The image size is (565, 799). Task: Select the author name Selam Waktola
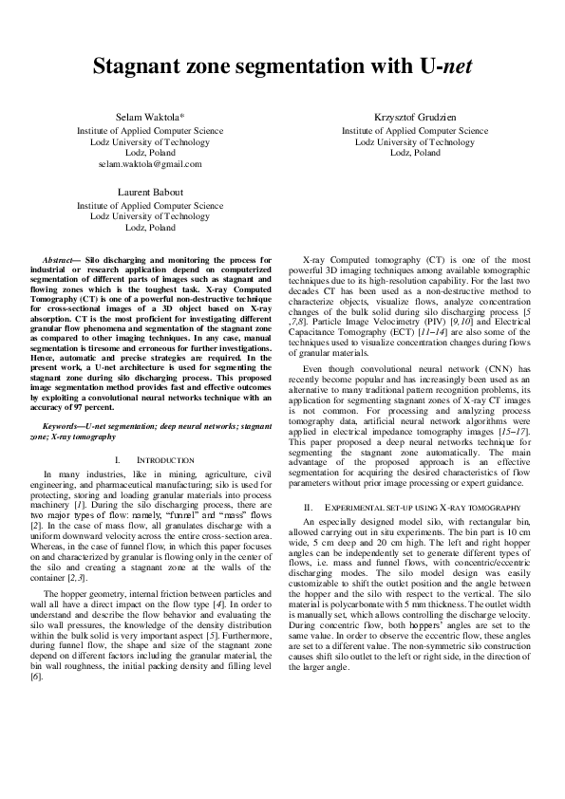click(x=148, y=116)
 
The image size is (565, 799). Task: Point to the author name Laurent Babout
click(x=150, y=193)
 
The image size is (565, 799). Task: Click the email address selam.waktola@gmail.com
click(x=150, y=163)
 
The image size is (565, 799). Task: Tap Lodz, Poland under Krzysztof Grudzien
click(x=415, y=152)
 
